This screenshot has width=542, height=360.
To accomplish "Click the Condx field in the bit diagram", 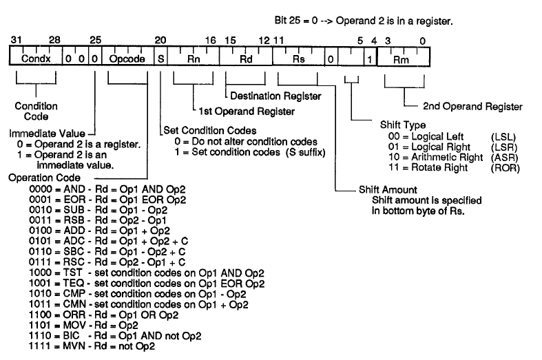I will pyautogui.click(x=36, y=59).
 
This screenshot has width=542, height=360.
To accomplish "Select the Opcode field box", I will pyautogui.click(x=127, y=59).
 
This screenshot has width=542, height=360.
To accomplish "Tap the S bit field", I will pyautogui.click(x=160, y=59).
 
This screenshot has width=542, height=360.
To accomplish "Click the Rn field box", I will pyautogui.click(x=194, y=59).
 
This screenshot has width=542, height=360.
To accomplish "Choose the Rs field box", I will pyautogui.click(x=299, y=59).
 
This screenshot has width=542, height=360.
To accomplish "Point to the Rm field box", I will pyautogui.click(x=401, y=59).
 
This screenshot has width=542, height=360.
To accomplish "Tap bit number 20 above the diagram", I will pyautogui.click(x=160, y=41).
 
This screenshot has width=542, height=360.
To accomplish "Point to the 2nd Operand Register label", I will pyautogui.click(x=472, y=107).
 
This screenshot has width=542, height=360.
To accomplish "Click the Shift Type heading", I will pyautogui.click(x=402, y=126).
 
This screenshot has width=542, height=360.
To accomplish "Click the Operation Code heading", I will pyautogui.click(x=39, y=177).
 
